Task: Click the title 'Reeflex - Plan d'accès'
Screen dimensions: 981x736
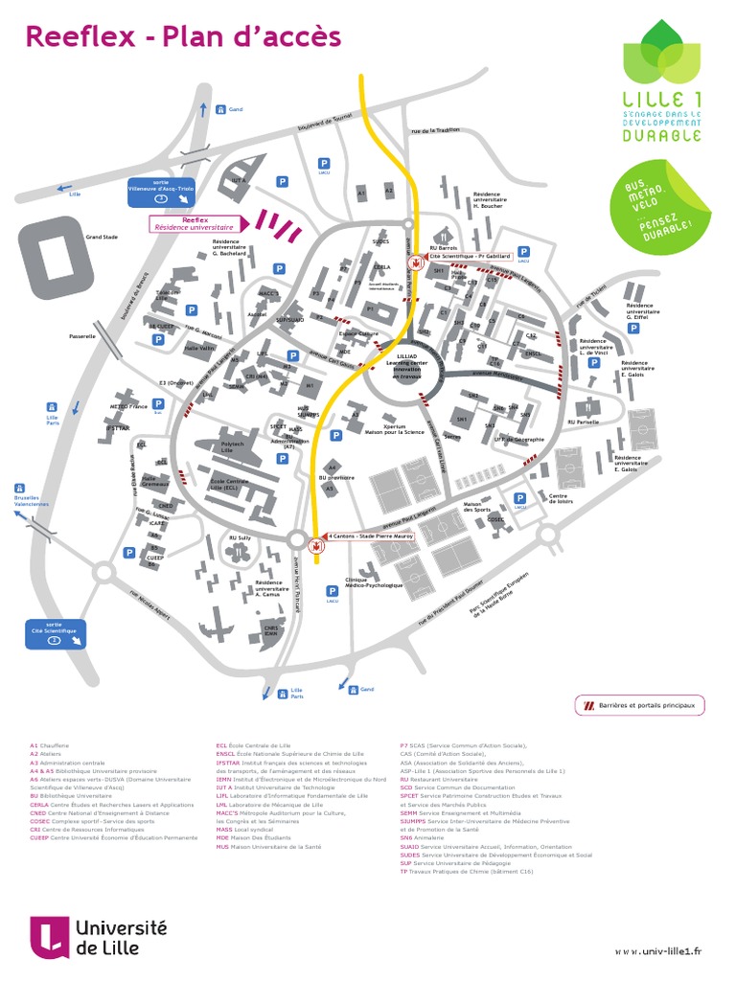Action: coord(182,35)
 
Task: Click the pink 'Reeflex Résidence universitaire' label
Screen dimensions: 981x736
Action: coord(195,223)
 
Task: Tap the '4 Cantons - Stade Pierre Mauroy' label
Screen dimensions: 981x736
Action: coord(372,536)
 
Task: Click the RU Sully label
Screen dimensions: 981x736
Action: coord(240,538)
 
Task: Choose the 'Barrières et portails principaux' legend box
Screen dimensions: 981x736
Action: coord(639,706)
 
